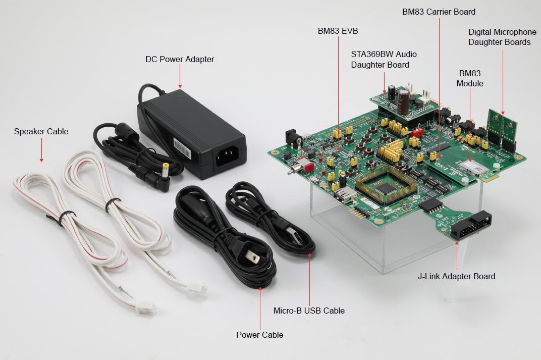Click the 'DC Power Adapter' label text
[x=180, y=60]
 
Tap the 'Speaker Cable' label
[x=41, y=132]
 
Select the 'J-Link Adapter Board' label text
[x=456, y=277]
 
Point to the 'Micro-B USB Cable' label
[x=309, y=311]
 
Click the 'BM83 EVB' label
[x=338, y=31]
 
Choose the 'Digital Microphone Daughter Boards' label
[x=502, y=37]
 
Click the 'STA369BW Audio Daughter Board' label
[x=384, y=59]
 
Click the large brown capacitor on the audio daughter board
[x=403, y=101]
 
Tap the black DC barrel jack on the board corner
[x=291, y=137]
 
